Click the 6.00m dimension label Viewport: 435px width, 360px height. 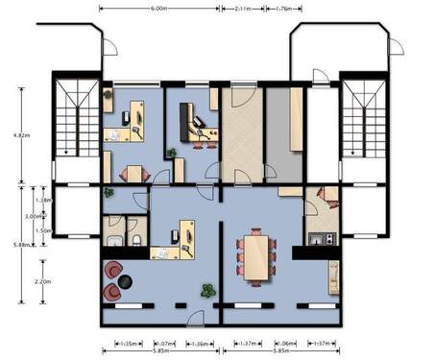pos(159,9)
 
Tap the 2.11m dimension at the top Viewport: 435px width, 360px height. pos(244,9)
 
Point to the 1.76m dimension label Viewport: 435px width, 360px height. pos(283,9)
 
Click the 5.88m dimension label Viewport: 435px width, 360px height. pos(21,246)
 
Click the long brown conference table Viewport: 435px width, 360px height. pos(256,256)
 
